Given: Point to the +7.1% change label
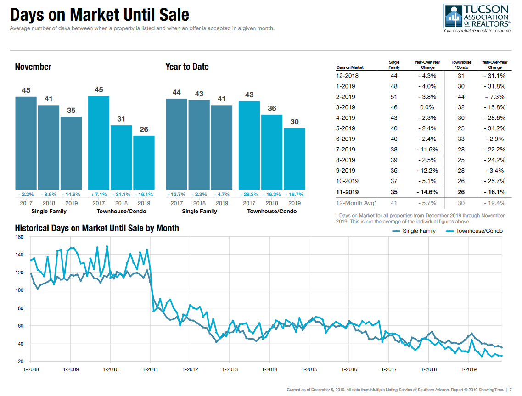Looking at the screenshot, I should pyautogui.click(x=99, y=194).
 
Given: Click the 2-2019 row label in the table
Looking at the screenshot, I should pyautogui.click(x=346, y=97).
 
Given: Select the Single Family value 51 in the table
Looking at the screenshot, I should pyautogui.click(x=394, y=97).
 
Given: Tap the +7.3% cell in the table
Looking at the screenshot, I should pyautogui.click(x=494, y=97).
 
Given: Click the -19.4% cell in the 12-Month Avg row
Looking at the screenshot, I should pyautogui.click(x=494, y=203).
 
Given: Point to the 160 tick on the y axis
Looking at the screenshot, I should pyautogui.click(x=19, y=237).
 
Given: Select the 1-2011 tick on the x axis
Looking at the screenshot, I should pyautogui.click(x=150, y=369).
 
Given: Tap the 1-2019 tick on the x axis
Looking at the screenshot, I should pyautogui.click(x=468, y=369).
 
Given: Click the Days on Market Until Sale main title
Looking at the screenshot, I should pyautogui.click(x=100, y=15).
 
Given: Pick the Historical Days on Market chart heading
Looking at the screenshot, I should pyautogui.click(x=97, y=228).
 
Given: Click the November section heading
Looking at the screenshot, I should pyautogui.click(x=33, y=67).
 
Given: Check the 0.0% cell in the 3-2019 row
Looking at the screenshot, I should pyautogui.click(x=427, y=107).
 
